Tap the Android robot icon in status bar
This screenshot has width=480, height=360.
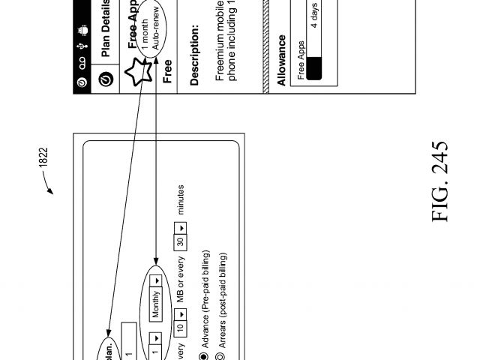pyautogui.click(x=81, y=29)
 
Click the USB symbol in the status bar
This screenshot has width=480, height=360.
pyautogui.click(x=81, y=46)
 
